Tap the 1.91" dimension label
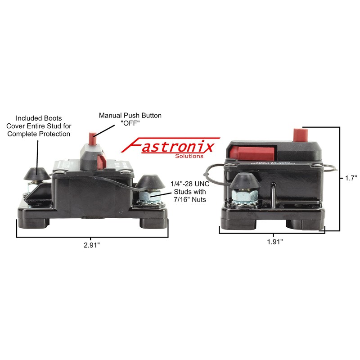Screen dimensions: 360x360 point(274,242)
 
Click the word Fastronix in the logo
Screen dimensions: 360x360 point(171,146)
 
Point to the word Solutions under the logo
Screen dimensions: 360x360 point(188,156)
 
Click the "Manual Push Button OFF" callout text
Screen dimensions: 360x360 point(130,120)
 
